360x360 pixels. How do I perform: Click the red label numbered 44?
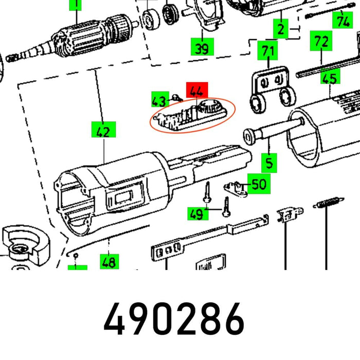pyautogui.click(x=197, y=92)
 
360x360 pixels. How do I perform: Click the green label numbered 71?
pyautogui.click(x=266, y=51)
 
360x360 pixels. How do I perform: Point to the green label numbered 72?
pyautogui.click(x=320, y=41)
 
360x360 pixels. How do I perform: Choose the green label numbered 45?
pyautogui.click(x=329, y=78)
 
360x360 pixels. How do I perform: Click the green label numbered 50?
pyautogui.click(x=259, y=184)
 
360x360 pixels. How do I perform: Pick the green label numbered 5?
pyautogui.click(x=269, y=163)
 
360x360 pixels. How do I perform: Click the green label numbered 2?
pyautogui.click(x=280, y=29)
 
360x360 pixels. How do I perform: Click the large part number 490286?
pyautogui.click(x=174, y=319)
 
